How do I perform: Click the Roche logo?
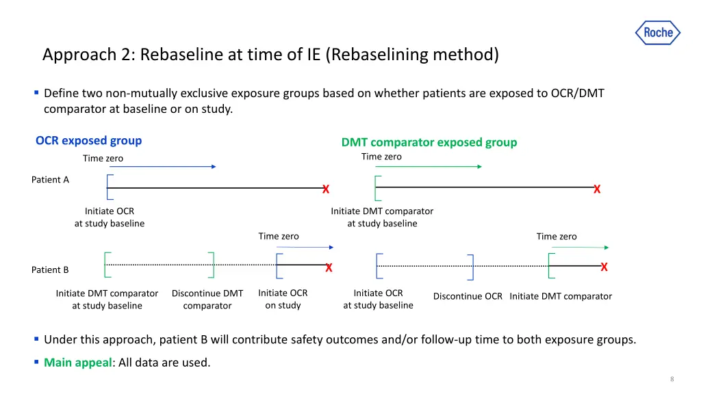(x=658, y=32)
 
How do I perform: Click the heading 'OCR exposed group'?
(x=88, y=141)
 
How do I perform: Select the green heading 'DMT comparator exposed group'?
(x=429, y=142)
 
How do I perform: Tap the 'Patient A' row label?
(x=50, y=180)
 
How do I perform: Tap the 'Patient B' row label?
(x=50, y=270)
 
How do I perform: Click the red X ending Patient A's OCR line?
(x=326, y=189)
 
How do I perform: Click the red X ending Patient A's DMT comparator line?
(x=597, y=189)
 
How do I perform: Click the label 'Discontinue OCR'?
(x=468, y=296)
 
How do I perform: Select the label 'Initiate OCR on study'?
(x=283, y=299)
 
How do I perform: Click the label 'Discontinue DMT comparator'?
(x=207, y=300)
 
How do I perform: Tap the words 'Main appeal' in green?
(x=77, y=363)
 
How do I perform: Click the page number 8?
(x=672, y=380)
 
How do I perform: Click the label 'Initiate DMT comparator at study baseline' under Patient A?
(x=382, y=218)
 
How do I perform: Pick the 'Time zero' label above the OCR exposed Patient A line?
(x=103, y=159)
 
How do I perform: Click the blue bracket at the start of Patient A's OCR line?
(x=109, y=187)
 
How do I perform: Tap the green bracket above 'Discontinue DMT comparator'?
(x=211, y=265)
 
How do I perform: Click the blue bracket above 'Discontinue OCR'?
(x=470, y=266)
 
